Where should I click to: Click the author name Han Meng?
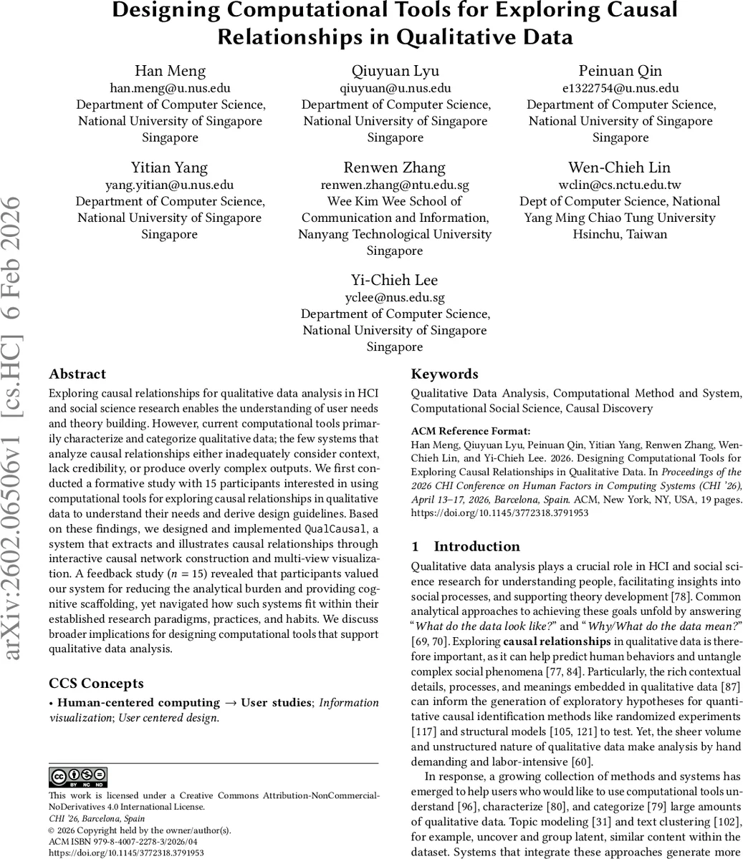tap(171, 71)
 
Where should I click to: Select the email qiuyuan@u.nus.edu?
tap(395, 88)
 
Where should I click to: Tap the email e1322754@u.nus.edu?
tap(620, 88)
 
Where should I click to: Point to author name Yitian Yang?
tap(170, 168)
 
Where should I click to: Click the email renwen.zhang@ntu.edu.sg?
tap(395, 185)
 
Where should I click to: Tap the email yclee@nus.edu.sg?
tap(395, 297)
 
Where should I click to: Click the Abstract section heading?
tap(77, 374)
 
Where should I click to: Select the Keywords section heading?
tap(444, 374)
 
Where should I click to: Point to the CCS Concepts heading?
tap(96, 683)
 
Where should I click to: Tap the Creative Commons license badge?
tap(78, 777)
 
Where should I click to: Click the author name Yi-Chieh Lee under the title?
tap(395, 280)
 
